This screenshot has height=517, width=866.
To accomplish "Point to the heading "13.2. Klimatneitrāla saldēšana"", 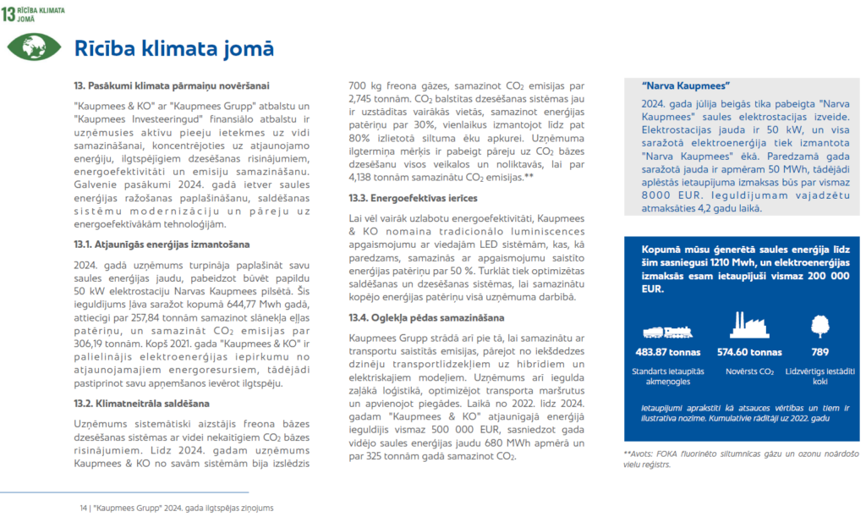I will (140, 403).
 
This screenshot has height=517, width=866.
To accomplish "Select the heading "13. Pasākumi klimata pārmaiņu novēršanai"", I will (171, 85).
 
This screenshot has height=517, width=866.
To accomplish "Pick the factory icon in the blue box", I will (748, 327).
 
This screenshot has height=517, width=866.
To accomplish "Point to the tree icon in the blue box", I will (819, 327).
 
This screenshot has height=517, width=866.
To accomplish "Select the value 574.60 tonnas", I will (748, 352).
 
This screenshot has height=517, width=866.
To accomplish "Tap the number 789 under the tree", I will (819, 352).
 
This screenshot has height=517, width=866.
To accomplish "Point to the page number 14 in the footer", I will (84, 508).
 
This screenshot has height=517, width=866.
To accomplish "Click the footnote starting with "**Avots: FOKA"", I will (740, 458).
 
